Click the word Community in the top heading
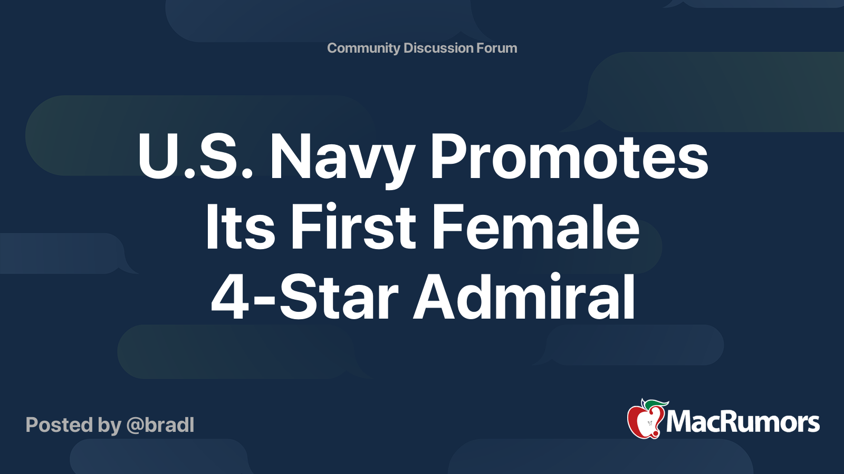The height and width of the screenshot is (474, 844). click(x=363, y=48)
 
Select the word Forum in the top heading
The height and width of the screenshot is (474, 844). click(x=496, y=48)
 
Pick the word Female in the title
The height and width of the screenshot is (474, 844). click(x=535, y=228)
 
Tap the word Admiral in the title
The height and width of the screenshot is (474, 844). click(x=524, y=297)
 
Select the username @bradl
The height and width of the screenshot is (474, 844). click(x=160, y=425)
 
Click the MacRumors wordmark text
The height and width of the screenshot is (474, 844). click(x=743, y=422)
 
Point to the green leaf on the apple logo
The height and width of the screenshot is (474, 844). click(x=656, y=404)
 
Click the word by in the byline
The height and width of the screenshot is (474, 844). click(x=109, y=425)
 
